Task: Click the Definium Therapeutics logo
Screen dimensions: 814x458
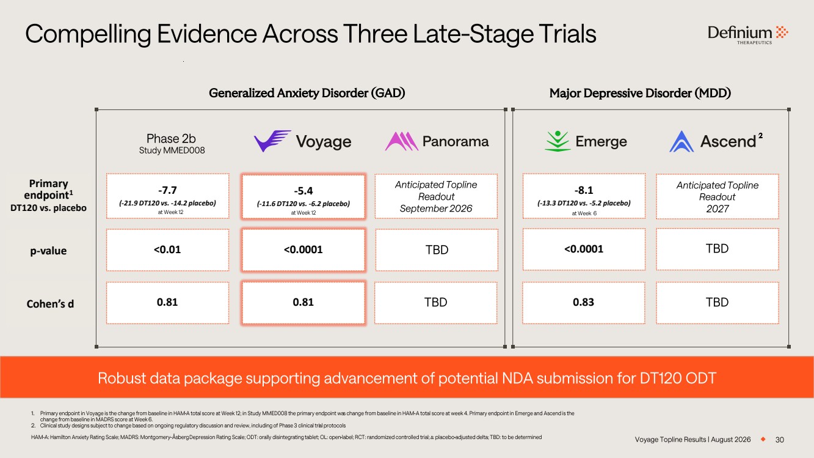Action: coord(748,35)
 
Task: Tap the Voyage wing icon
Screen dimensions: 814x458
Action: coord(272,141)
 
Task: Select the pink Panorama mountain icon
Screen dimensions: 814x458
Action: coord(401,141)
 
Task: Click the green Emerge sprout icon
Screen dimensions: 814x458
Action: coord(558,141)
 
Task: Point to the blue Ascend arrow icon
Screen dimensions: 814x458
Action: coord(681,141)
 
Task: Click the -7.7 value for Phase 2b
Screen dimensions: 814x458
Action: coord(167,190)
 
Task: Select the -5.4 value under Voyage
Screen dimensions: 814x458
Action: coord(303,191)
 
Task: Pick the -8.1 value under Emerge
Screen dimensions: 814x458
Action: coord(584,190)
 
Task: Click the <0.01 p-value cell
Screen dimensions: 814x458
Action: coord(167,250)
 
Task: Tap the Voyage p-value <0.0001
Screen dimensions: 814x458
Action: coord(303,249)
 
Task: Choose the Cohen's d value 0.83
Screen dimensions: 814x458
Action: coord(583,302)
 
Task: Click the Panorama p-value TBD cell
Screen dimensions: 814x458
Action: coord(437,250)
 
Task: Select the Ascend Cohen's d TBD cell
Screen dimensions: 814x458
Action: coord(718,303)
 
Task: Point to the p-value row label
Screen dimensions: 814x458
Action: coord(48,251)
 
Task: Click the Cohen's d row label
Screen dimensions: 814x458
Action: coord(50,304)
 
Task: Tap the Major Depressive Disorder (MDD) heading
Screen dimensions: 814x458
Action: coord(640,93)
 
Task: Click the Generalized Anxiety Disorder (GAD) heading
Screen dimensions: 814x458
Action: coord(307,93)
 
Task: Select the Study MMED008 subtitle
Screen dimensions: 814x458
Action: coord(172,150)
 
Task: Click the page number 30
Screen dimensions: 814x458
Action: coord(779,440)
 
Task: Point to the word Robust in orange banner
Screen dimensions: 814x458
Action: coord(122,379)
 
